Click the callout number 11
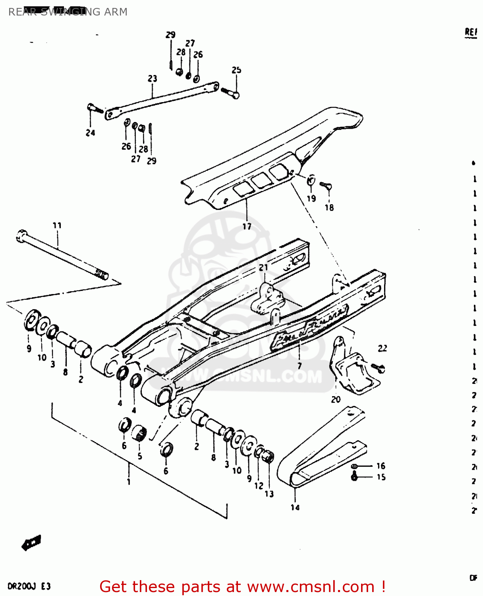pyautogui.click(x=57, y=225)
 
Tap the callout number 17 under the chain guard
pyautogui.click(x=247, y=226)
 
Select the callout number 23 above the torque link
pyautogui.click(x=153, y=79)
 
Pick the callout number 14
pyautogui.click(x=295, y=507)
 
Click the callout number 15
pyautogui.click(x=381, y=477)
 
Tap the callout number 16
pyautogui.click(x=381, y=466)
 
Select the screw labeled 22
pyautogui.click(x=379, y=368)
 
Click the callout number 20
pyautogui.click(x=336, y=399)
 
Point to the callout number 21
pyautogui.click(x=263, y=267)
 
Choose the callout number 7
pyautogui.click(x=299, y=365)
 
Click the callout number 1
pyautogui.click(x=129, y=482)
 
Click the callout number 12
pyautogui.click(x=259, y=486)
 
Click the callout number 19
pyautogui.click(x=311, y=198)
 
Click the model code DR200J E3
pyautogui.click(x=29, y=586)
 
